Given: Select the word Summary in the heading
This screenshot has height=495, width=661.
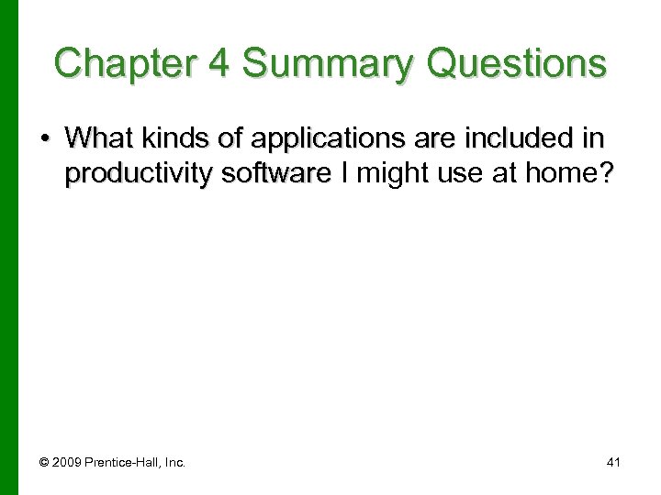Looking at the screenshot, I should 338,63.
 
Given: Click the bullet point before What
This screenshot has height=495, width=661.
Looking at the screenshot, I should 47,139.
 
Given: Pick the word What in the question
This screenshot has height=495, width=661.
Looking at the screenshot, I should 97,138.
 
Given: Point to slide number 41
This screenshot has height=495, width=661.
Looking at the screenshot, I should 613,463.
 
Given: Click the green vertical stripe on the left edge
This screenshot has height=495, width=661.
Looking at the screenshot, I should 8,247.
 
